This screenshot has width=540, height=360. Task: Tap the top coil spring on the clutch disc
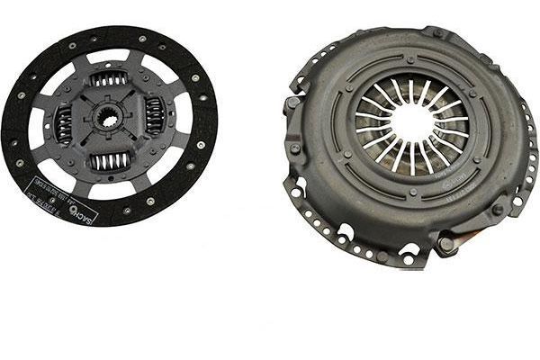point(110,79)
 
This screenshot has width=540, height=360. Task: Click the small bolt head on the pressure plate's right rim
point(498,209)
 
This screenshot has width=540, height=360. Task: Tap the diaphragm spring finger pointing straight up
point(410,91)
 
